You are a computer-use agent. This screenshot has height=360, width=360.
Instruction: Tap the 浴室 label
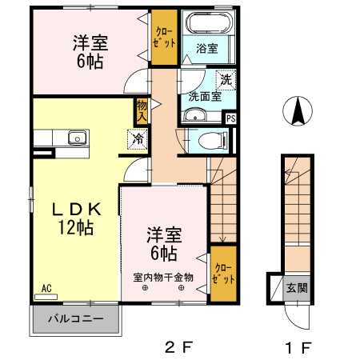[x=206, y=49]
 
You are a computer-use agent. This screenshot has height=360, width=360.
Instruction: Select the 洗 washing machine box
[x=226, y=80]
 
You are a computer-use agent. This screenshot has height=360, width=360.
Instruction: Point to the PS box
[x=231, y=118]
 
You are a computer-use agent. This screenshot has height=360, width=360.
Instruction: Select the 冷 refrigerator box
[x=137, y=138]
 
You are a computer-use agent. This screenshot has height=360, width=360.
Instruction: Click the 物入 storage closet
[x=142, y=109]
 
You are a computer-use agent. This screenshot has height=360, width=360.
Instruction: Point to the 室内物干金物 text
[x=163, y=278]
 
